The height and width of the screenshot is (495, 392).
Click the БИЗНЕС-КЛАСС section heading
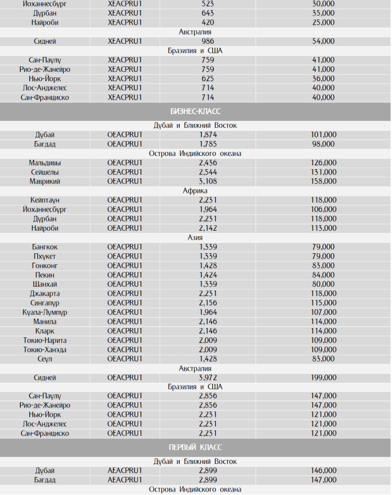pos(195,111)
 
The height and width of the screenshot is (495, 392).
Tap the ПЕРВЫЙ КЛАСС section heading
pos(195,447)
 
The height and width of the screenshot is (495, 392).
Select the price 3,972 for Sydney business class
pos(208,378)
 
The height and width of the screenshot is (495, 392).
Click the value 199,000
pos(322,378)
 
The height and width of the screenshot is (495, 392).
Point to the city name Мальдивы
pos(44,163)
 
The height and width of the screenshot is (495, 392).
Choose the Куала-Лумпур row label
pos(44,312)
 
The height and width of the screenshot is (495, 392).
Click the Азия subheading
pos(195,237)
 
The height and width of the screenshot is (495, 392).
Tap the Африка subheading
pos(195,191)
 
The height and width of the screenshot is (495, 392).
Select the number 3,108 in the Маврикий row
pos(208,181)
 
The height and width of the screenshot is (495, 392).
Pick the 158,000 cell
pos(322,181)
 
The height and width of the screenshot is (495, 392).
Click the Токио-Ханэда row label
pos(44,349)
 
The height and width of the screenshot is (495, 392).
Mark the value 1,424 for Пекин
pos(208,275)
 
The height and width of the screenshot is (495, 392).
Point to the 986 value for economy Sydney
pos(208,41)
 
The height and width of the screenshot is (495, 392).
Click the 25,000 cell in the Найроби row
pos(322,22)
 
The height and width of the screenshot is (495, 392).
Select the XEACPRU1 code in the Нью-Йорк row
pos(124,79)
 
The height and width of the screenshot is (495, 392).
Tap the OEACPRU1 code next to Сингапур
pos(124,303)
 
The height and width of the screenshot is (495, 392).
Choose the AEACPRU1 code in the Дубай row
pos(124,471)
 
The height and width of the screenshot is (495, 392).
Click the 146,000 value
pos(322,471)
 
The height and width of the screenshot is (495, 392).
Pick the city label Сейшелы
pos(44,172)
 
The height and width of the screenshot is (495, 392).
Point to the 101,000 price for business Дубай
pos(322,135)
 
